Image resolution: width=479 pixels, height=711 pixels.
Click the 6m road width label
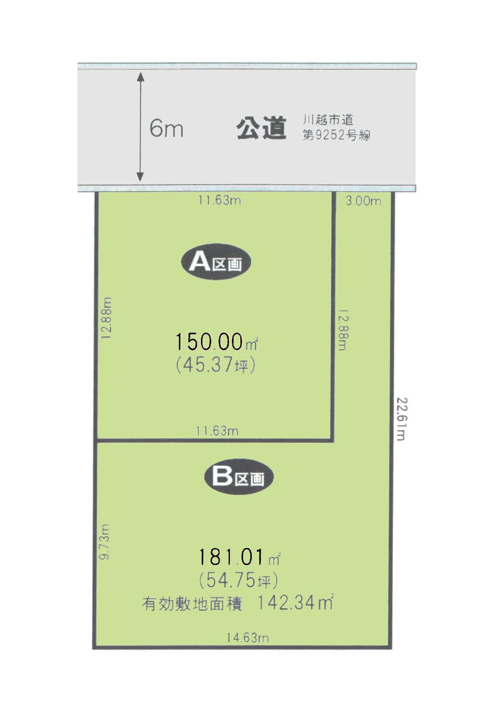point(166,128)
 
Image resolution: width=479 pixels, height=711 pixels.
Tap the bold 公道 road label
point(261,128)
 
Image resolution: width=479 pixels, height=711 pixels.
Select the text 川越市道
point(328,120)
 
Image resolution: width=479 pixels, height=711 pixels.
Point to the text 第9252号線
point(336,136)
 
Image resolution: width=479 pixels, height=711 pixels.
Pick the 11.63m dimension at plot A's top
point(220,200)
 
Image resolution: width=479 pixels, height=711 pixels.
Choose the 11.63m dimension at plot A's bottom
point(217,431)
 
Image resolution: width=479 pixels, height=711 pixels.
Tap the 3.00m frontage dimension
point(363,201)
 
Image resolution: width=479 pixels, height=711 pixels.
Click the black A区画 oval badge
point(215,263)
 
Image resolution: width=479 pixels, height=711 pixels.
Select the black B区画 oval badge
point(238,477)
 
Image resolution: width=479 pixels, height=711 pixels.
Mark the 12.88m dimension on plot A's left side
point(107,318)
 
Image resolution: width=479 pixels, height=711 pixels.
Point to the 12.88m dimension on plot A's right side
point(341,329)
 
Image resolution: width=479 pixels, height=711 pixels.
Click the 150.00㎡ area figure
point(216,342)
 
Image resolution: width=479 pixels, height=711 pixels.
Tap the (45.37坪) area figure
point(215,366)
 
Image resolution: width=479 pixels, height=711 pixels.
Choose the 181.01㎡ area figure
point(239,557)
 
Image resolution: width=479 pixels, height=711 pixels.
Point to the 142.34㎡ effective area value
point(295,602)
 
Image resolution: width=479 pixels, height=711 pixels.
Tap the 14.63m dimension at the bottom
point(247,638)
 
